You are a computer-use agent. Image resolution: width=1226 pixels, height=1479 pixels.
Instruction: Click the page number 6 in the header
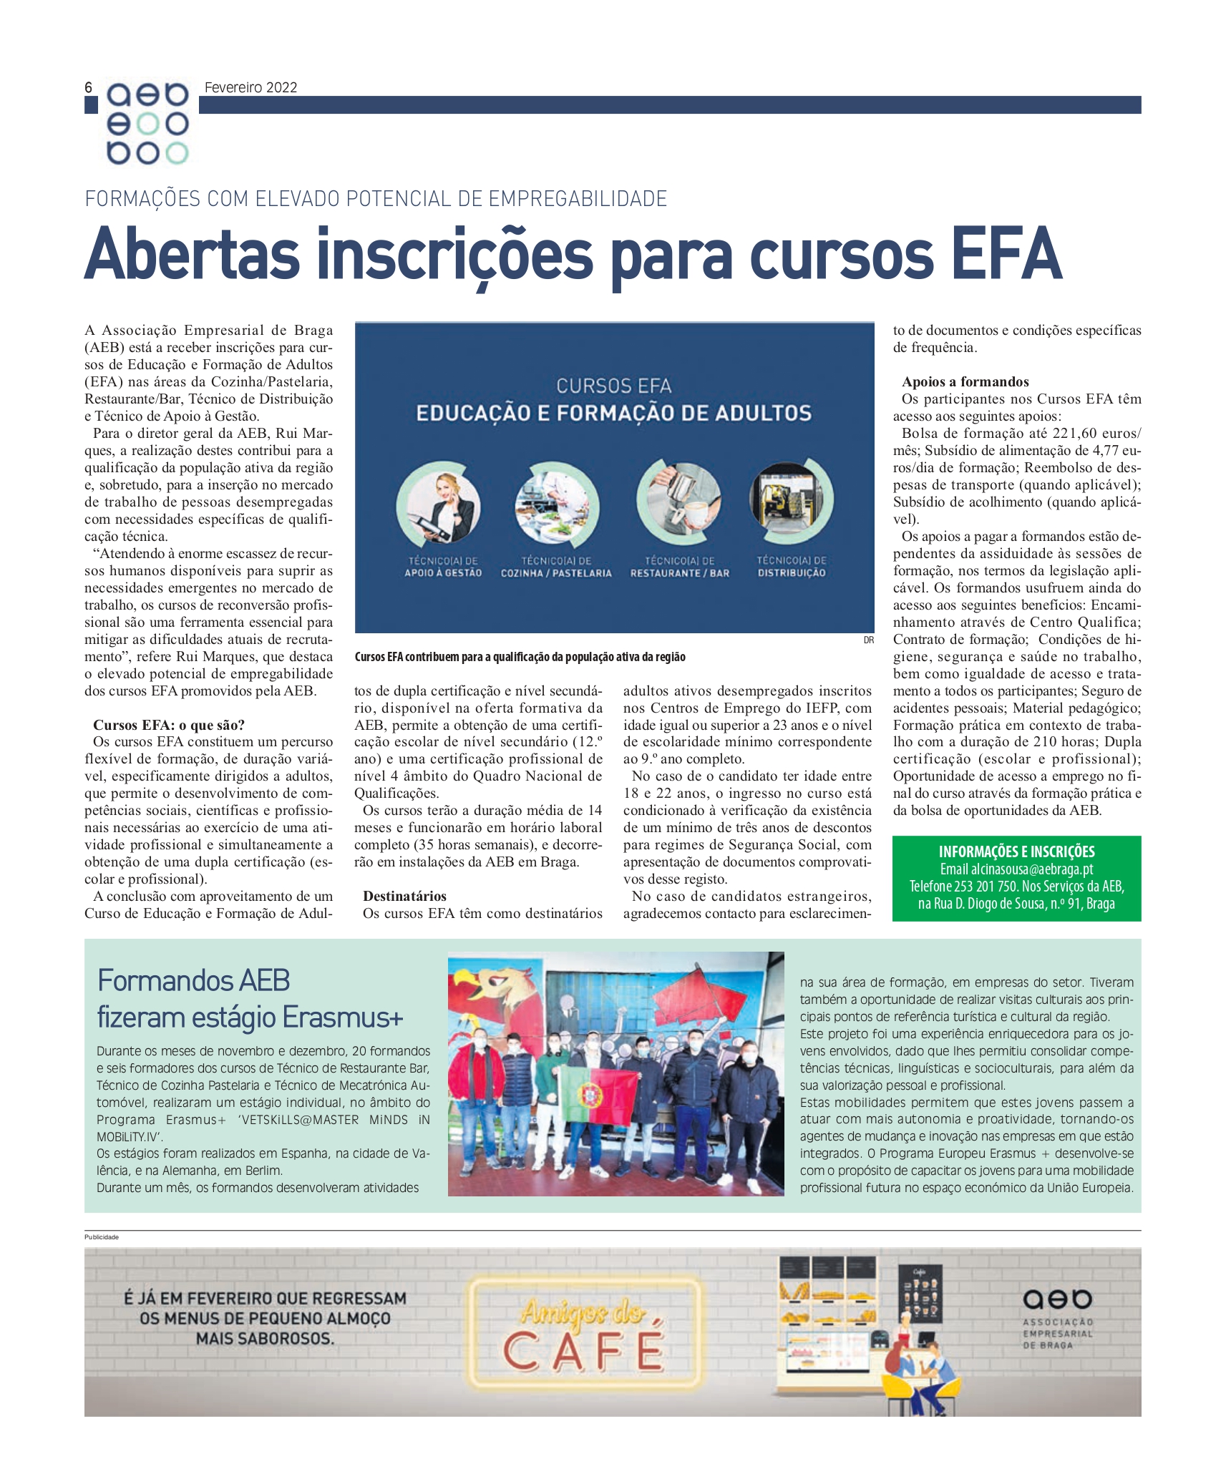tap(89, 87)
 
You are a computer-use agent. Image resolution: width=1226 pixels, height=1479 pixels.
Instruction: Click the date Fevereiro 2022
tap(250, 87)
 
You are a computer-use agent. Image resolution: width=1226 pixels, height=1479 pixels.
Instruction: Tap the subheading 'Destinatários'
tap(404, 896)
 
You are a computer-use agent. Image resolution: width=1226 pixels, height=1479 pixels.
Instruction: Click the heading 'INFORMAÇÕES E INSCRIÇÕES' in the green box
tap(1016, 851)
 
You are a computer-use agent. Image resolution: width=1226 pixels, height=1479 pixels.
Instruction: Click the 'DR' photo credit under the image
tap(868, 640)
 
